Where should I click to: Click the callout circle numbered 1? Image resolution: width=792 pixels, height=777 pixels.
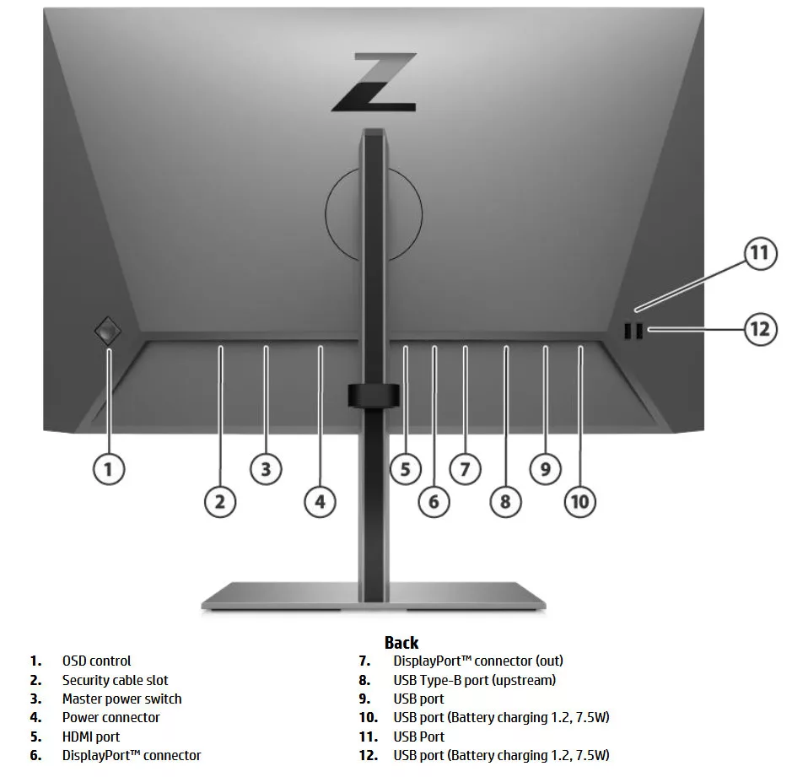pyautogui.click(x=108, y=468)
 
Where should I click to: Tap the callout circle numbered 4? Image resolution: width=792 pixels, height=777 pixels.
pyautogui.click(x=320, y=502)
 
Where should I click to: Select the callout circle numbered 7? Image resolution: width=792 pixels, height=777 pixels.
pyautogui.click(x=465, y=468)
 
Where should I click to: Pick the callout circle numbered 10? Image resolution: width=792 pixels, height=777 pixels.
pyautogui.click(x=580, y=502)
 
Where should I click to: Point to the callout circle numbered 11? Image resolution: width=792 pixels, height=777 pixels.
pyautogui.click(x=760, y=254)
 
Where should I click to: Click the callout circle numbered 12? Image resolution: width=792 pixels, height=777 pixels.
pyautogui.click(x=760, y=328)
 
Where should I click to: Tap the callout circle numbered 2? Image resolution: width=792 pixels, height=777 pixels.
pyautogui.click(x=220, y=502)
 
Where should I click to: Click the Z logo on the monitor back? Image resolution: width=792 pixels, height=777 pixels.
pyautogui.click(x=374, y=83)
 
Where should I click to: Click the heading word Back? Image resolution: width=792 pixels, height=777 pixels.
pyautogui.click(x=401, y=643)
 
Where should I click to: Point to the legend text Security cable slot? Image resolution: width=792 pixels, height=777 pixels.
pyautogui.click(x=115, y=680)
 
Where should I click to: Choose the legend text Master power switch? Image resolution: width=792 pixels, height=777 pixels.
pyautogui.click(x=121, y=699)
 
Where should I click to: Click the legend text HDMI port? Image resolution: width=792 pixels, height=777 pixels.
pyautogui.click(x=91, y=737)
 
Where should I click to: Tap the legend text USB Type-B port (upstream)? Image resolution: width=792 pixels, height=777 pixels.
pyautogui.click(x=474, y=680)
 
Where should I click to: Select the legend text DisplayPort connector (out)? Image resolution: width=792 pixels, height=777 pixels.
pyautogui.click(x=477, y=661)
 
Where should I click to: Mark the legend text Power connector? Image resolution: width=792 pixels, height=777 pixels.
pyautogui.click(x=110, y=717)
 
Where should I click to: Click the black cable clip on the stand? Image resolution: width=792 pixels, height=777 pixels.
pyautogui.click(x=372, y=396)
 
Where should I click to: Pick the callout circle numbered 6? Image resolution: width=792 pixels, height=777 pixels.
pyautogui.click(x=434, y=502)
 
